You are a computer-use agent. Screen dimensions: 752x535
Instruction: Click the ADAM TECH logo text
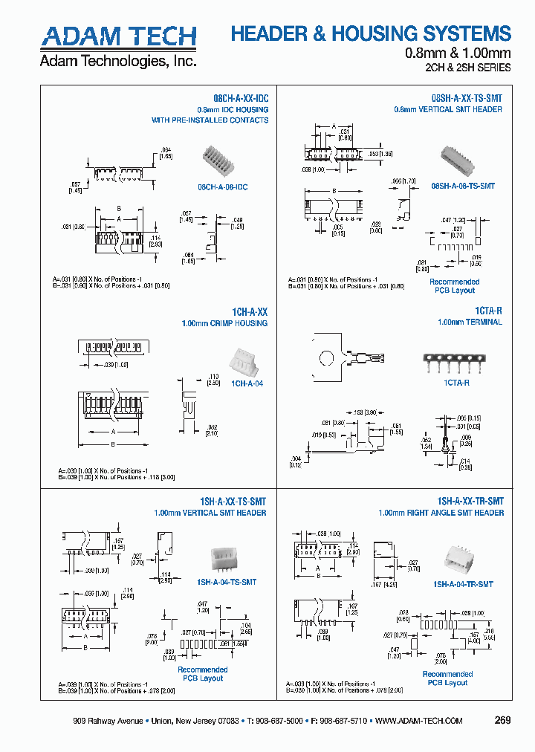[x=118, y=36]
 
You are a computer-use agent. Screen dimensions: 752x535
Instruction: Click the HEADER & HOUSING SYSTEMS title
[x=371, y=33]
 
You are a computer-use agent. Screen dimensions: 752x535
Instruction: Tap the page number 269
[x=502, y=720]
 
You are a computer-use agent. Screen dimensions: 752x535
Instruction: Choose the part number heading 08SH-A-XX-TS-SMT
[x=466, y=98]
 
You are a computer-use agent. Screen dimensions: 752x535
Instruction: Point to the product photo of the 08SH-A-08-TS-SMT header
[x=461, y=160]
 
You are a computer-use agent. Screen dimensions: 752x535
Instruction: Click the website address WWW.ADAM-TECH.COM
[x=419, y=721]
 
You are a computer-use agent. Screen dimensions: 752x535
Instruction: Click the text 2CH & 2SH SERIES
[x=469, y=68]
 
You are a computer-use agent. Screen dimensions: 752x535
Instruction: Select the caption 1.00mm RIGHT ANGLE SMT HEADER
[x=441, y=513]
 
